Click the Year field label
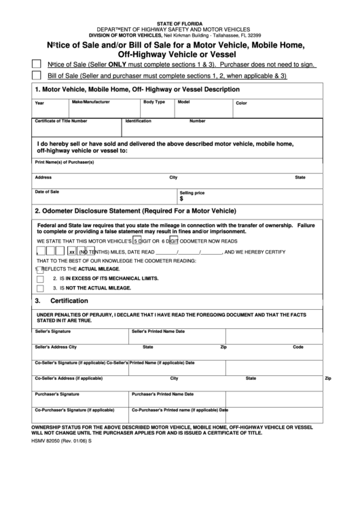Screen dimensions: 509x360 (39, 103)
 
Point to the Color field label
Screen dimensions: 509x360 (241, 103)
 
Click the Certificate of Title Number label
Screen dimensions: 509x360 (60, 121)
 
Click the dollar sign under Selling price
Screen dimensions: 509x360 (181, 199)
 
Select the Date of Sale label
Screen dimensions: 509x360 (47, 192)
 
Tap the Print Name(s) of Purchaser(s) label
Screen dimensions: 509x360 (64, 162)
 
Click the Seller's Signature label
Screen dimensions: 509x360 (52, 331)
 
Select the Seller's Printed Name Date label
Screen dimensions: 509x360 (158, 331)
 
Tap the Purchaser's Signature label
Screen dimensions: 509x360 (57, 393)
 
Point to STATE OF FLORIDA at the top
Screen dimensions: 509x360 (180, 22)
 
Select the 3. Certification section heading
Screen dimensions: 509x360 (61, 300)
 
